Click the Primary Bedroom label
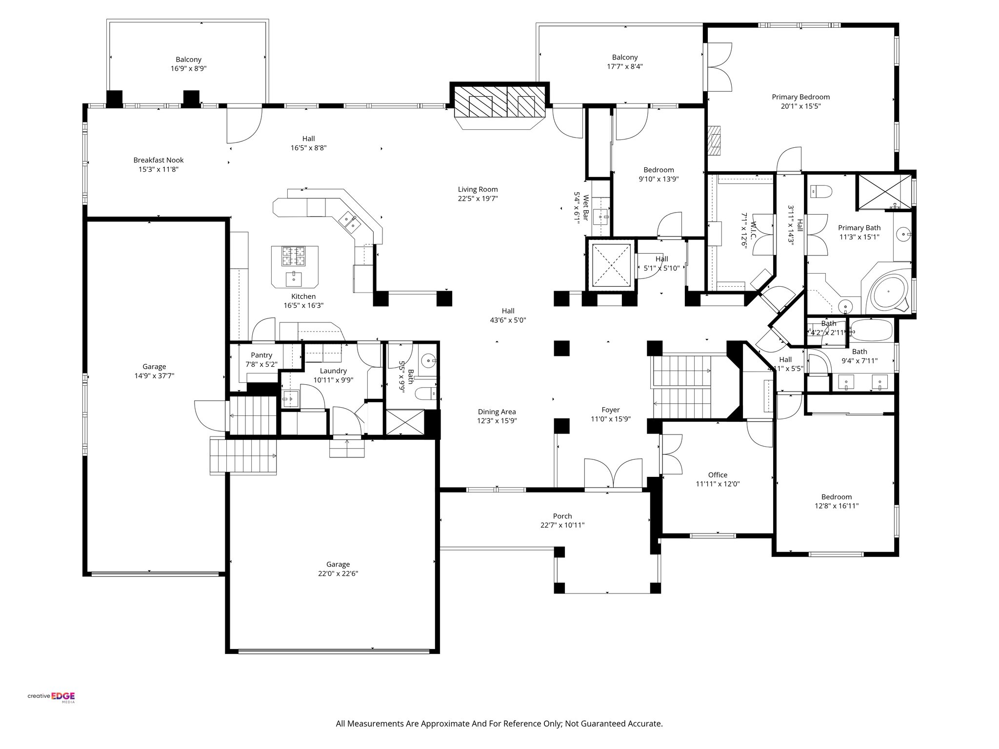tap(800, 97)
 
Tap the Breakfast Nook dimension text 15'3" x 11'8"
tap(159, 169)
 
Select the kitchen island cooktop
tap(293, 256)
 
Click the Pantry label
tap(261, 355)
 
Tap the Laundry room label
tap(333, 371)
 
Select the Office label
tap(718, 474)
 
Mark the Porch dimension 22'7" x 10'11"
tap(562, 525)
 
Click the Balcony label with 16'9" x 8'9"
tap(188, 59)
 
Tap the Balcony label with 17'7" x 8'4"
tap(625, 58)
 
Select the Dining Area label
tap(497, 412)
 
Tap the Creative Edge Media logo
tap(51, 696)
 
